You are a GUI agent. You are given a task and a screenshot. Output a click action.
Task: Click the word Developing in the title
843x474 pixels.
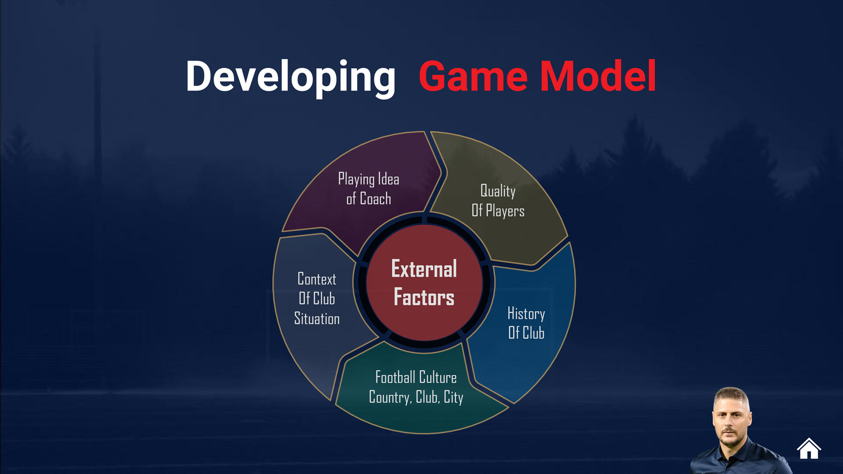pyautogui.click(x=291, y=77)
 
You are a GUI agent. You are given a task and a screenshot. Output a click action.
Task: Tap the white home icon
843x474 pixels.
pyautogui.click(x=809, y=448)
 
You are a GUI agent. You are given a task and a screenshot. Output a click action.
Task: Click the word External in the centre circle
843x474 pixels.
pyautogui.click(x=424, y=269)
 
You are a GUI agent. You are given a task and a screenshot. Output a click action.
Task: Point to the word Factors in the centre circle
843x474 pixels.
pyautogui.click(x=424, y=297)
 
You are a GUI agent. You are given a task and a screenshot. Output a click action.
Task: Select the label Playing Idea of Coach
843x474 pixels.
pyautogui.click(x=369, y=189)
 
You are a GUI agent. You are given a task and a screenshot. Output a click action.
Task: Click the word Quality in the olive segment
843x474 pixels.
pyautogui.click(x=498, y=191)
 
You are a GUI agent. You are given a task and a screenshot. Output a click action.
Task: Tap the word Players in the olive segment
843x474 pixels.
pyautogui.click(x=505, y=212)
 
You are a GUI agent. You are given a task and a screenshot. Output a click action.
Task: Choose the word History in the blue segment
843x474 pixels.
pyautogui.click(x=526, y=314)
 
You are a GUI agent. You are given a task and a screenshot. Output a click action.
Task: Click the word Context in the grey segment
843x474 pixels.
pyautogui.click(x=317, y=279)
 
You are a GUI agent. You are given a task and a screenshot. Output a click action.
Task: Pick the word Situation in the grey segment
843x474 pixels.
pyautogui.click(x=317, y=319)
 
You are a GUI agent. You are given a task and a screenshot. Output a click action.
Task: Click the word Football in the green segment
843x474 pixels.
pyautogui.click(x=395, y=377)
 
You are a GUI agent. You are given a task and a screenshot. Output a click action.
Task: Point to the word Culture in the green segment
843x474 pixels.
pyautogui.click(x=438, y=377)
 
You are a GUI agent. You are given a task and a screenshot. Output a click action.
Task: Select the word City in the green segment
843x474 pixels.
pyautogui.click(x=454, y=397)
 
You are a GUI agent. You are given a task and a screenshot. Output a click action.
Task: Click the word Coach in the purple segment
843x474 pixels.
pyautogui.click(x=375, y=199)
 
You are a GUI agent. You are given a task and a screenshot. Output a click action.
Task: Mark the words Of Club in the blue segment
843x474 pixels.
pyautogui.click(x=526, y=333)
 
